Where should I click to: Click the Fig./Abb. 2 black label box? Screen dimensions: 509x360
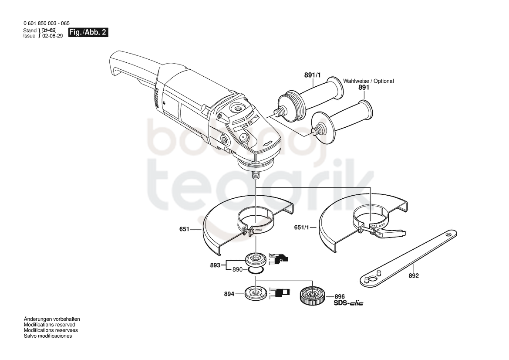88,32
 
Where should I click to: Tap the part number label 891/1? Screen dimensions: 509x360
312,75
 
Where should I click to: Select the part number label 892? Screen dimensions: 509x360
414,275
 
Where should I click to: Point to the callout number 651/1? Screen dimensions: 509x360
302,228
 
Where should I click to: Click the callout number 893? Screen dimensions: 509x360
215,265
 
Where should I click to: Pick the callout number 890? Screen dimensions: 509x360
237,269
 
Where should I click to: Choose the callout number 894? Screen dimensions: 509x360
229,294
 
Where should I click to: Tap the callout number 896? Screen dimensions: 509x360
340,297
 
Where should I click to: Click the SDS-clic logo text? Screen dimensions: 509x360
348,303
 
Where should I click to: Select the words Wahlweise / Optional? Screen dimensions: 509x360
368,81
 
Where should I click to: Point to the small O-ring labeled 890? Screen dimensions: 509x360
256,271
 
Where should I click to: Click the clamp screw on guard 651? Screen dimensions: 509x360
248,231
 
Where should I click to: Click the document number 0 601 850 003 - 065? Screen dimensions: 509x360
47,24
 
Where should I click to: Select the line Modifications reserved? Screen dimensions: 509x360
49,325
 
